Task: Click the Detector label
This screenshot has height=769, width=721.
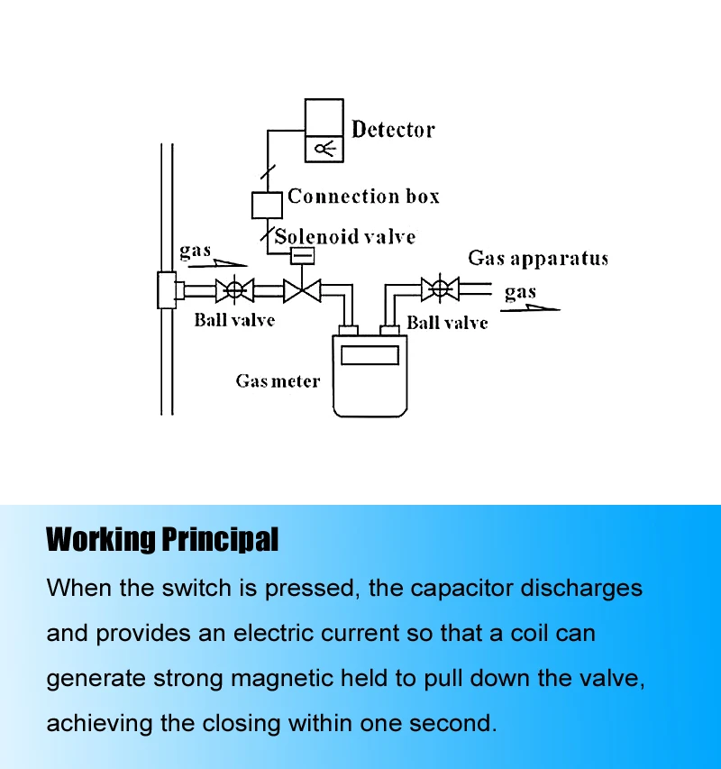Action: [393, 130]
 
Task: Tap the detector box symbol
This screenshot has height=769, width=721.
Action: [324, 131]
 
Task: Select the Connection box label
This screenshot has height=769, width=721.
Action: [363, 196]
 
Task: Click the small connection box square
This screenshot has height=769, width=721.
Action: [267, 206]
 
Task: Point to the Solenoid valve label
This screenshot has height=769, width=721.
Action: [345, 237]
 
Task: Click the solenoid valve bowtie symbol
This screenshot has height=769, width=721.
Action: [302, 290]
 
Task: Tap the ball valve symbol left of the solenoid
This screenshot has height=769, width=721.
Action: [234, 290]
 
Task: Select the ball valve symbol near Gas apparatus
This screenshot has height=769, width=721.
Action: [440, 289]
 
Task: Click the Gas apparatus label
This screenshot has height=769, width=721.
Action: [538, 259]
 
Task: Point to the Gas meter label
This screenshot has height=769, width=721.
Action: [278, 381]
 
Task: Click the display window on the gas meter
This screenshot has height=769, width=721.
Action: [370, 355]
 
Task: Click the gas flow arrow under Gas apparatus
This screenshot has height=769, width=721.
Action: [531, 307]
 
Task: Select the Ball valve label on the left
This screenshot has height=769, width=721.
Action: [234, 319]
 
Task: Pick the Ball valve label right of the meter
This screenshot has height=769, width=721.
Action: [447, 323]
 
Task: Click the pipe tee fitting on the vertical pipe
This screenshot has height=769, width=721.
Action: [169, 290]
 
